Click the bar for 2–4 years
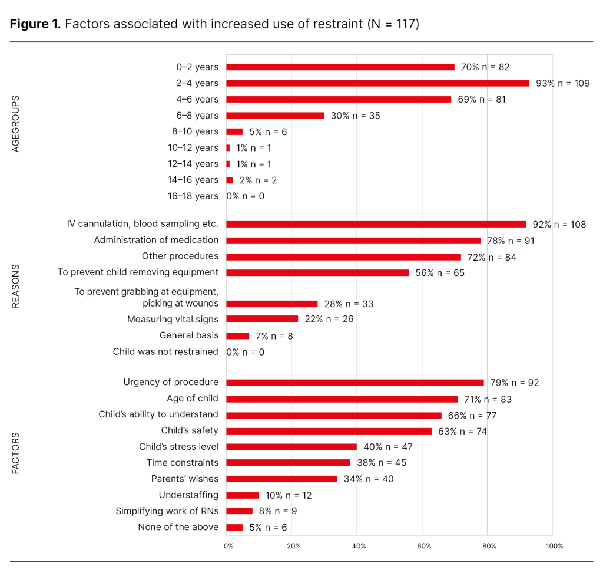(377, 83)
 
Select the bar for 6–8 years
(275, 116)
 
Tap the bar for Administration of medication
(353, 241)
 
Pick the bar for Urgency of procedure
(354, 383)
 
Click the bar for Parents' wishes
(281, 479)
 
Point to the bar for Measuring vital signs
(262, 319)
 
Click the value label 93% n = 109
(562, 83)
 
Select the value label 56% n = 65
(442, 272)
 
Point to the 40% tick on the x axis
(359, 546)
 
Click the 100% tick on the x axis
(554, 546)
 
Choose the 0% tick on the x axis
(228, 546)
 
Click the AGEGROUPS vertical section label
(16, 124)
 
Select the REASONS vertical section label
(16, 287)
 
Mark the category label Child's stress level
(178, 446)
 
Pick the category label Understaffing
(188, 495)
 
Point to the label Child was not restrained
(165, 351)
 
